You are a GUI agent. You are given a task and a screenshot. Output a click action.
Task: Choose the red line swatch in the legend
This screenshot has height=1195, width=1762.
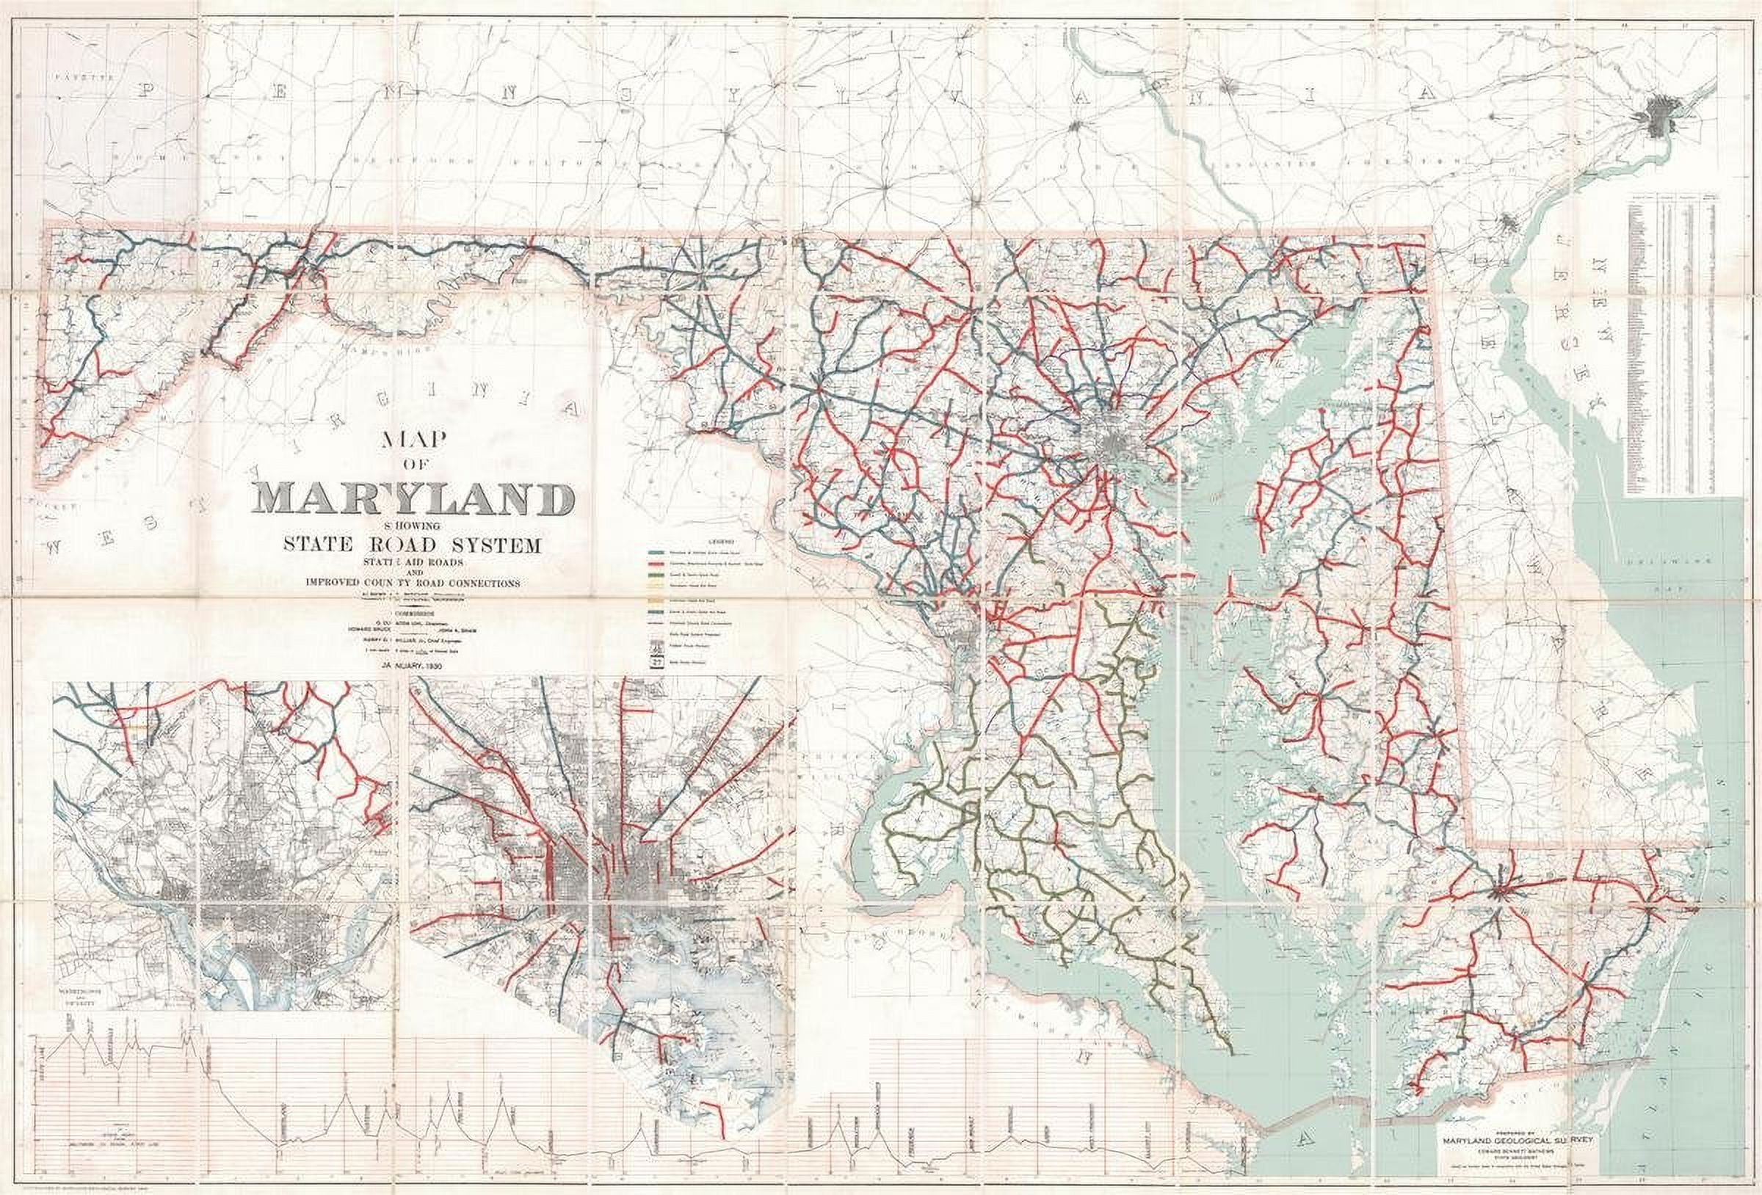[x=657, y=564]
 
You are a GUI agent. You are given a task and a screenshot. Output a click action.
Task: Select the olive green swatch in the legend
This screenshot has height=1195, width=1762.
[x=657, y=575]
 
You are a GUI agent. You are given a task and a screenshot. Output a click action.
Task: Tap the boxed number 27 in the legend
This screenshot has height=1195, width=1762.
[x=656, y=661]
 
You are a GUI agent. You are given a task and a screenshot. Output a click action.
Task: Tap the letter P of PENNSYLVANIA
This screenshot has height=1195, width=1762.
[x=145, y=90]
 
